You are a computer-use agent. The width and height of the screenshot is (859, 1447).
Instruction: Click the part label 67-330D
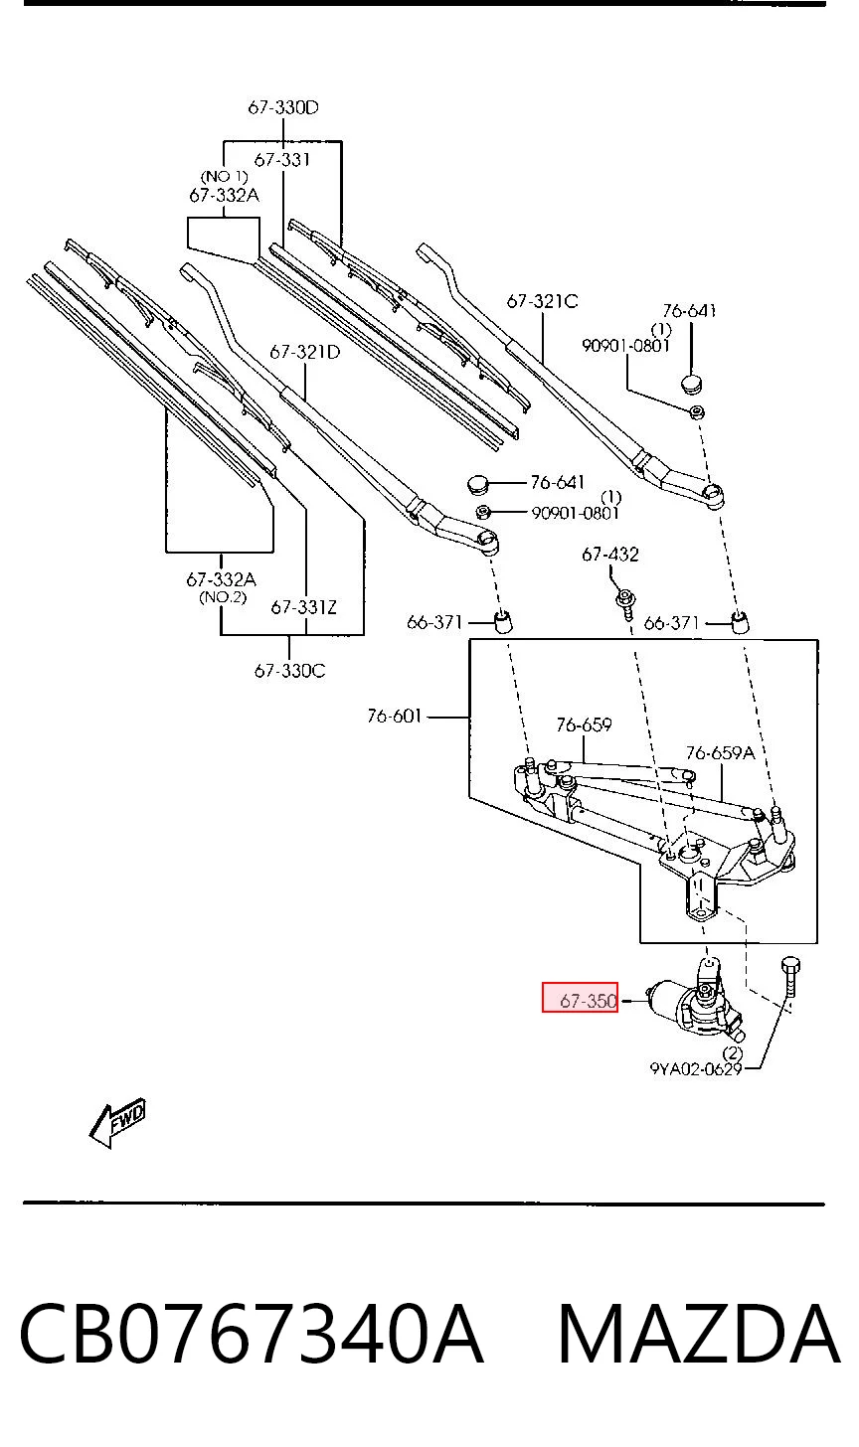[283, 107]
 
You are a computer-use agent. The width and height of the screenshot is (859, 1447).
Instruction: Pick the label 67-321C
[542, 302]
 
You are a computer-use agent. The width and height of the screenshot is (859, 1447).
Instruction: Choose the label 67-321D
[305, 352]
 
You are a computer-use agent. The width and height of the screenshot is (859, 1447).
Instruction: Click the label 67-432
[610, 555]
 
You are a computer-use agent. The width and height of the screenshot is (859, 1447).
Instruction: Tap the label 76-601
[395, 716]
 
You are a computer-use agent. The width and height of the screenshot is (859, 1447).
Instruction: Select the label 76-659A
[720, 752]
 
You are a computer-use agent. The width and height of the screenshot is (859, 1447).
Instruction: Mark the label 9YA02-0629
[696, 1069]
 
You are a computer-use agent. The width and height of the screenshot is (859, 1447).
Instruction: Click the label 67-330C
[289, 671]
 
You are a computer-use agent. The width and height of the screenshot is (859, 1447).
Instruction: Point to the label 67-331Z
[304, 607]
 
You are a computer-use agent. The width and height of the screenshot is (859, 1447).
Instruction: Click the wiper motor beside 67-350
[696, 1005]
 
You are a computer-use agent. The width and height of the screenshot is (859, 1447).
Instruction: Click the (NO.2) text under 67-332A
[223, 597]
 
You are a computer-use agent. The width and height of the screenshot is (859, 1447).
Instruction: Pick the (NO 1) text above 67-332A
[225, 176]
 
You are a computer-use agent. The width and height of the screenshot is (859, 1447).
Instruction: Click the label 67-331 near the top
[282, 160]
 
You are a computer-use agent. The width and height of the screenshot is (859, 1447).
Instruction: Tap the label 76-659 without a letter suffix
[584, 724]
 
